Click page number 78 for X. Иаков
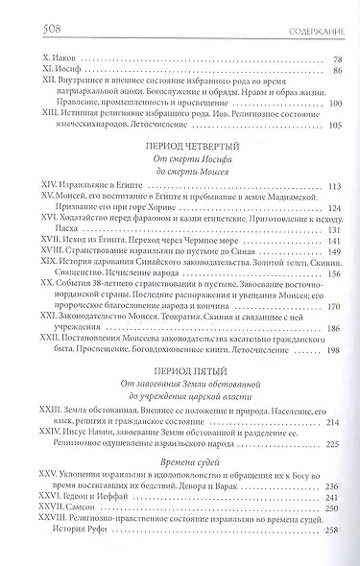click(336, 59)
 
